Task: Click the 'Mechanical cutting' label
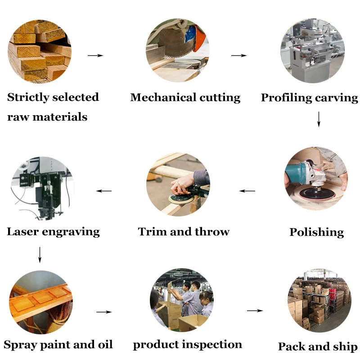(185, 98)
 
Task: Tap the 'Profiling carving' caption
(309, 98)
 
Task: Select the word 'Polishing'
(316, 232)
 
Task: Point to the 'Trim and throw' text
(184, 232)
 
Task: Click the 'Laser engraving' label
(53, 232)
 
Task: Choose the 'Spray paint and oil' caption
(58, 345)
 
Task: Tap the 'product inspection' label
(187, 345)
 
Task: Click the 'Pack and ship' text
(317, 346)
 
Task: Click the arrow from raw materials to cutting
(95, 55)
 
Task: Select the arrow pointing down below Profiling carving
(319, 118)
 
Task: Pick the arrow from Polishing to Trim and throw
(247, 191)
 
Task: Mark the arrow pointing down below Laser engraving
(40, 254)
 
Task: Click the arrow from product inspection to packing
(255, 310)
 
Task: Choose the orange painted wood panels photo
(40, 301)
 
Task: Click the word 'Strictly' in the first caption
(27, 97)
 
